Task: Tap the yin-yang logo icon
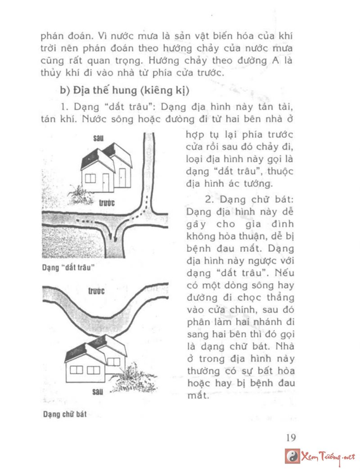pos(292,457)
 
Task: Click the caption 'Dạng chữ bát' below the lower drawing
pos(65,414)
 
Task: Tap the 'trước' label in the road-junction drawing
pos(107,203)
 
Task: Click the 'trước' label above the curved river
pos(96,291)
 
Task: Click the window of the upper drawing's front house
pos(90,178)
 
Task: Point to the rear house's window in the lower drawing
pos(114,361)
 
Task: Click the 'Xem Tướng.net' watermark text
pos(328,457)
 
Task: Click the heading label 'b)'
pos(66,90)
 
